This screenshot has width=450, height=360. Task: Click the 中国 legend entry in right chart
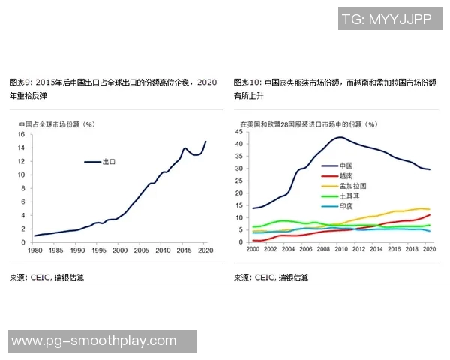(346, 165)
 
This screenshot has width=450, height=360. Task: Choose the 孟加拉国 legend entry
(352, 185)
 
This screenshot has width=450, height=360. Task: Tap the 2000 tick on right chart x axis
(253, 248)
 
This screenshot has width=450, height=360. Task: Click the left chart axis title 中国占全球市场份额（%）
(56, 124)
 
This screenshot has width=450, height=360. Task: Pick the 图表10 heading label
(247, 82)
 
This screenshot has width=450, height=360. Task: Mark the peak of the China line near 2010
(340, 137)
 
